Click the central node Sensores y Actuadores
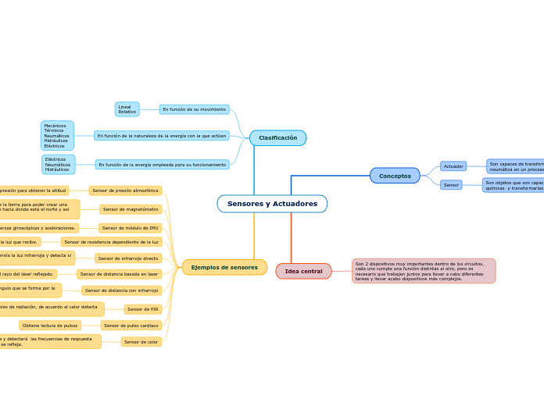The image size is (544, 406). pyautogui.click(x=272, y=204)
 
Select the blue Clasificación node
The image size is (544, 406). pyautogui.click(x=277, y=138)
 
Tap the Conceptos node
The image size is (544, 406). pyautogui.click(x=395, y=176)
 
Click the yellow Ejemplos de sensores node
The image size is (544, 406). pyautogui.click(x=224, y=268)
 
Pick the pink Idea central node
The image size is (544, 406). pyautogui.click(x=303, y=272)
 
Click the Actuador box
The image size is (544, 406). pyautogui.click(x=453, y=166)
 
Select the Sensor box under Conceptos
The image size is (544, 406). pyautogui.click(x=451, y=185)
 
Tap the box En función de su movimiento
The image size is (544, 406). pyautogui.click(x=194, y=109)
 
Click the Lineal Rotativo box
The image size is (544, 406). pyautogui.click(x=127, y=109)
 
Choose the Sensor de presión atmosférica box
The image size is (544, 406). pyautogui.click(x=125, y=191)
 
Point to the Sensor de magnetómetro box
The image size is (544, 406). pyautogui.click(x=131, y=209)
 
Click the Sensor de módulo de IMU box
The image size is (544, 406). pyautogui.click(x=130, y=228)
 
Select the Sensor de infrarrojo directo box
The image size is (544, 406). pyautogui.click(x=128, y=258)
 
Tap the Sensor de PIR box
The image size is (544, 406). pyautogui.click(x=142, y=309)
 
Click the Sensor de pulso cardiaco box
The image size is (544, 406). pyautogui.click(x=131, y=326)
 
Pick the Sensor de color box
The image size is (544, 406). pyautogui.click(x=141, y=342)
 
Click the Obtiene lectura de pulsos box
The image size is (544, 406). pyautogui.click(x=50, y=326)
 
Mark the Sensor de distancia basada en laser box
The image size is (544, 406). pyautogui.click(x=119, y=274)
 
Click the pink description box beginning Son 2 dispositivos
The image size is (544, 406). pyautogui.click(x=424, y=271)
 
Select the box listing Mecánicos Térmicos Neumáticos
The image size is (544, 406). pyautogui.click(x=57, y=136)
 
